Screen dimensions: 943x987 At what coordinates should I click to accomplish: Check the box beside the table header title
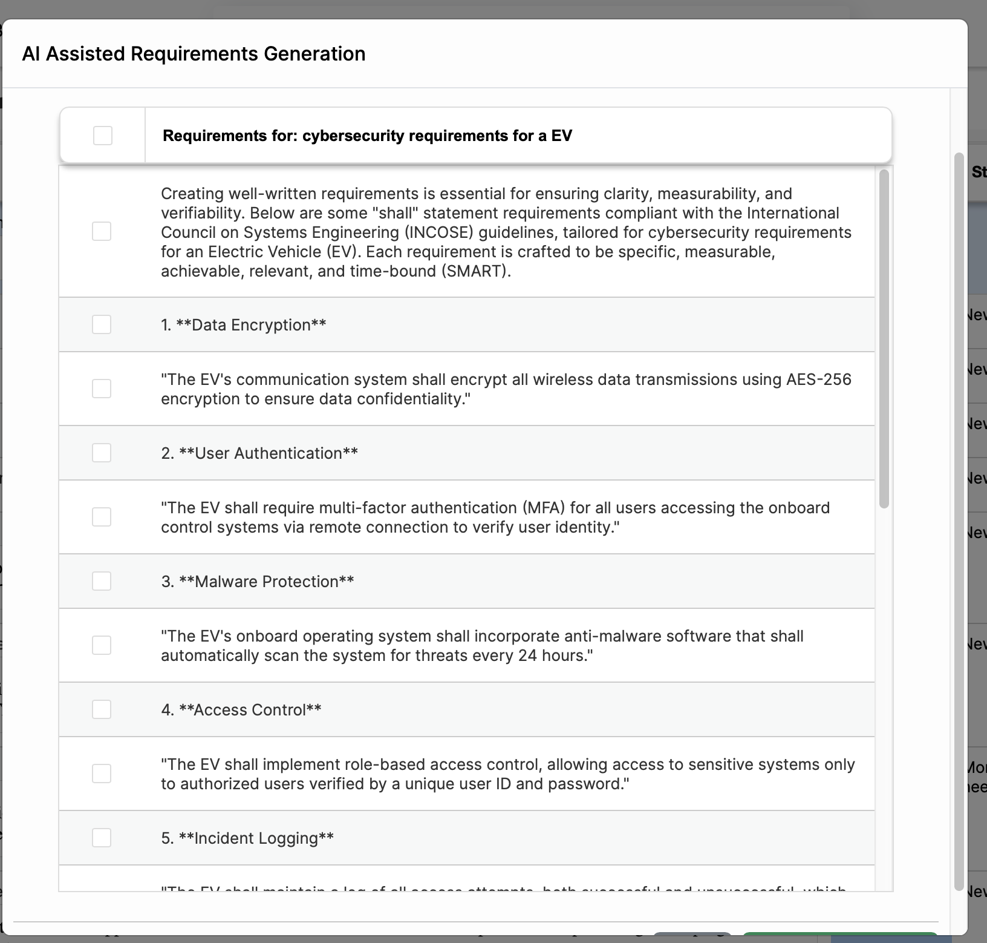(103, 136)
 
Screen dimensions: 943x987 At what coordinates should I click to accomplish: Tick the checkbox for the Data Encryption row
(102, 324)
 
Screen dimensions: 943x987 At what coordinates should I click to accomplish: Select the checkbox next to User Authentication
(102, 453)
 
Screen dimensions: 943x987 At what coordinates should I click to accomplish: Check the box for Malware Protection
(102, 581)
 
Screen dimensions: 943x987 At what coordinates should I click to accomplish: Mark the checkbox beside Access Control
(102, 709)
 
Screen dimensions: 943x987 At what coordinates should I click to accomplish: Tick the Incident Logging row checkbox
(102, 838)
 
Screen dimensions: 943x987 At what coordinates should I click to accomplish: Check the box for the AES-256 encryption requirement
(102, 389)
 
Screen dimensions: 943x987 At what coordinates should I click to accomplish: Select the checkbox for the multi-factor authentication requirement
(102, 517)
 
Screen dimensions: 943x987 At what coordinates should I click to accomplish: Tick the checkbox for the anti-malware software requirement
(102, 645)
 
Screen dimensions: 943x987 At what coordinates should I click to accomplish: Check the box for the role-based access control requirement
(102, 774)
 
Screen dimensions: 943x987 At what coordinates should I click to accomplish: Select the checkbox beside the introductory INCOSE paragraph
(102, 231)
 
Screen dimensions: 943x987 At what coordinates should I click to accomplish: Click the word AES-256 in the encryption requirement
(818, 379)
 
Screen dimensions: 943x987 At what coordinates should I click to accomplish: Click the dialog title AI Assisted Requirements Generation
(194, 54)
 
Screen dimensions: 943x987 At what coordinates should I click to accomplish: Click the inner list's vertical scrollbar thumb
(884, 339)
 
